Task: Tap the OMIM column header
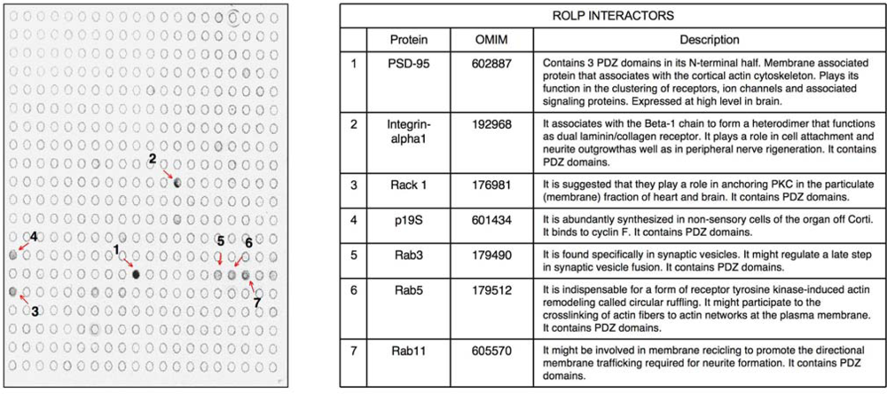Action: point(493,41)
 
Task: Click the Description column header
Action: point(709,41)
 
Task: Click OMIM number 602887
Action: point(493,64)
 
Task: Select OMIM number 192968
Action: point(493,123)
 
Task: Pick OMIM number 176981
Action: point(493,185)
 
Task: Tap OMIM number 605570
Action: point(493,350)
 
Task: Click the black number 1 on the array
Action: point(116,251)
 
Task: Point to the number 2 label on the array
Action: point(153,159)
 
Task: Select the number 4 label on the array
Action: point(33,237)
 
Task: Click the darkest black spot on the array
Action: point(136,274)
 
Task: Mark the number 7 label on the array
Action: point(258,303)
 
